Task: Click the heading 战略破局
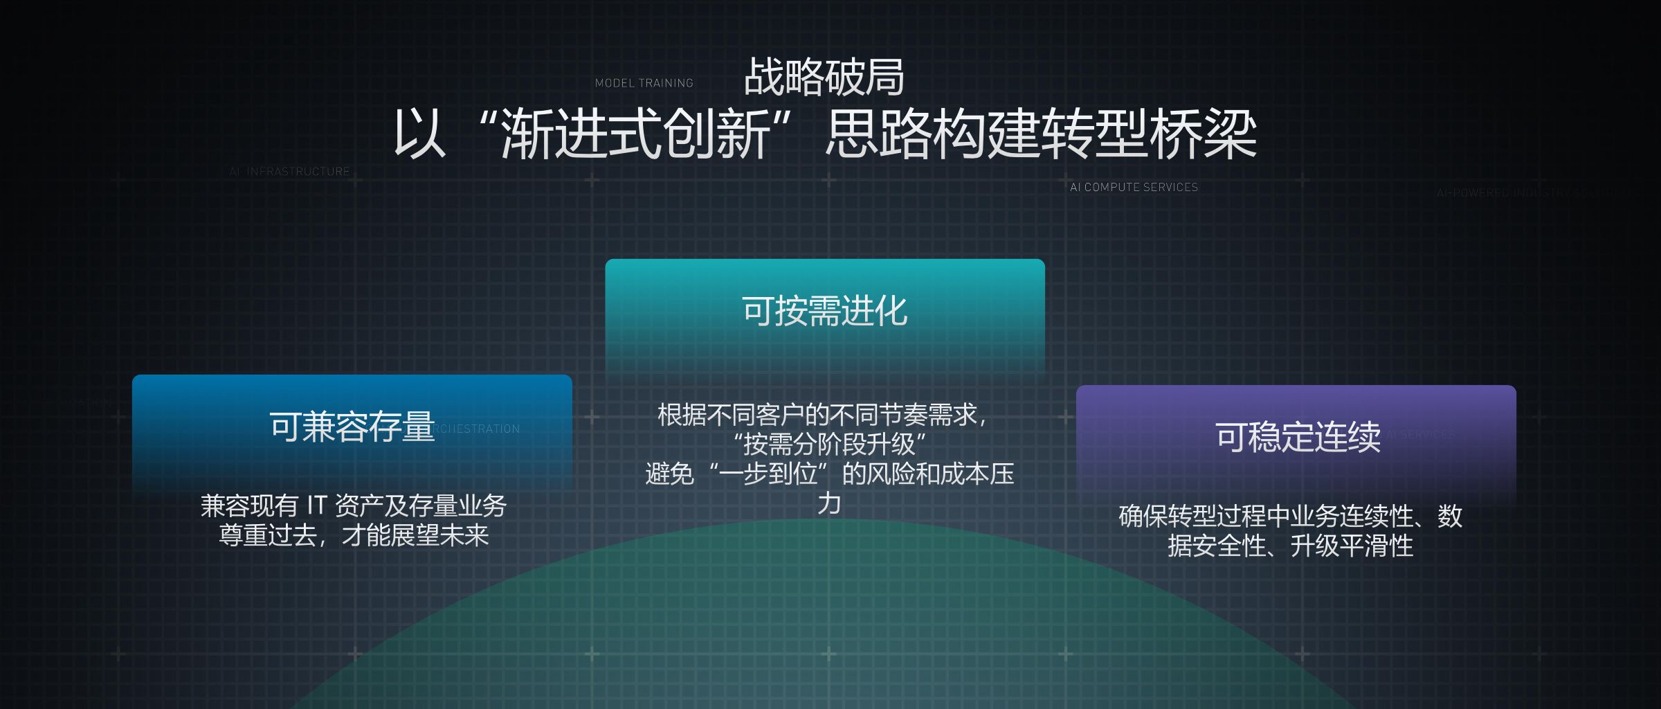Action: point(824,77)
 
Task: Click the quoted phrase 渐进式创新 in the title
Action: point(636,134)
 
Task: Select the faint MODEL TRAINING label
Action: point(644,83)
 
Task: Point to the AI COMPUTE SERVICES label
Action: point(1134,188)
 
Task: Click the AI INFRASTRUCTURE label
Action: point(289,172)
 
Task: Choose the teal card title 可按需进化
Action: point(824,311)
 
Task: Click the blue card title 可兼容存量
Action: point(352,427)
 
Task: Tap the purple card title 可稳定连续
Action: point(1298,437)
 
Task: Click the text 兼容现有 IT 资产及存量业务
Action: point(354,506)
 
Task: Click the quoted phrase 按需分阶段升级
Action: point(829,445)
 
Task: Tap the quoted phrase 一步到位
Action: point(768,474)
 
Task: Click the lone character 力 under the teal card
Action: point(829,503)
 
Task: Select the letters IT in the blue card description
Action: point(317,506)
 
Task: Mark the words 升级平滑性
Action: point(1351,546)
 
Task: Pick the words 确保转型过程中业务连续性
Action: point(1265,517)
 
